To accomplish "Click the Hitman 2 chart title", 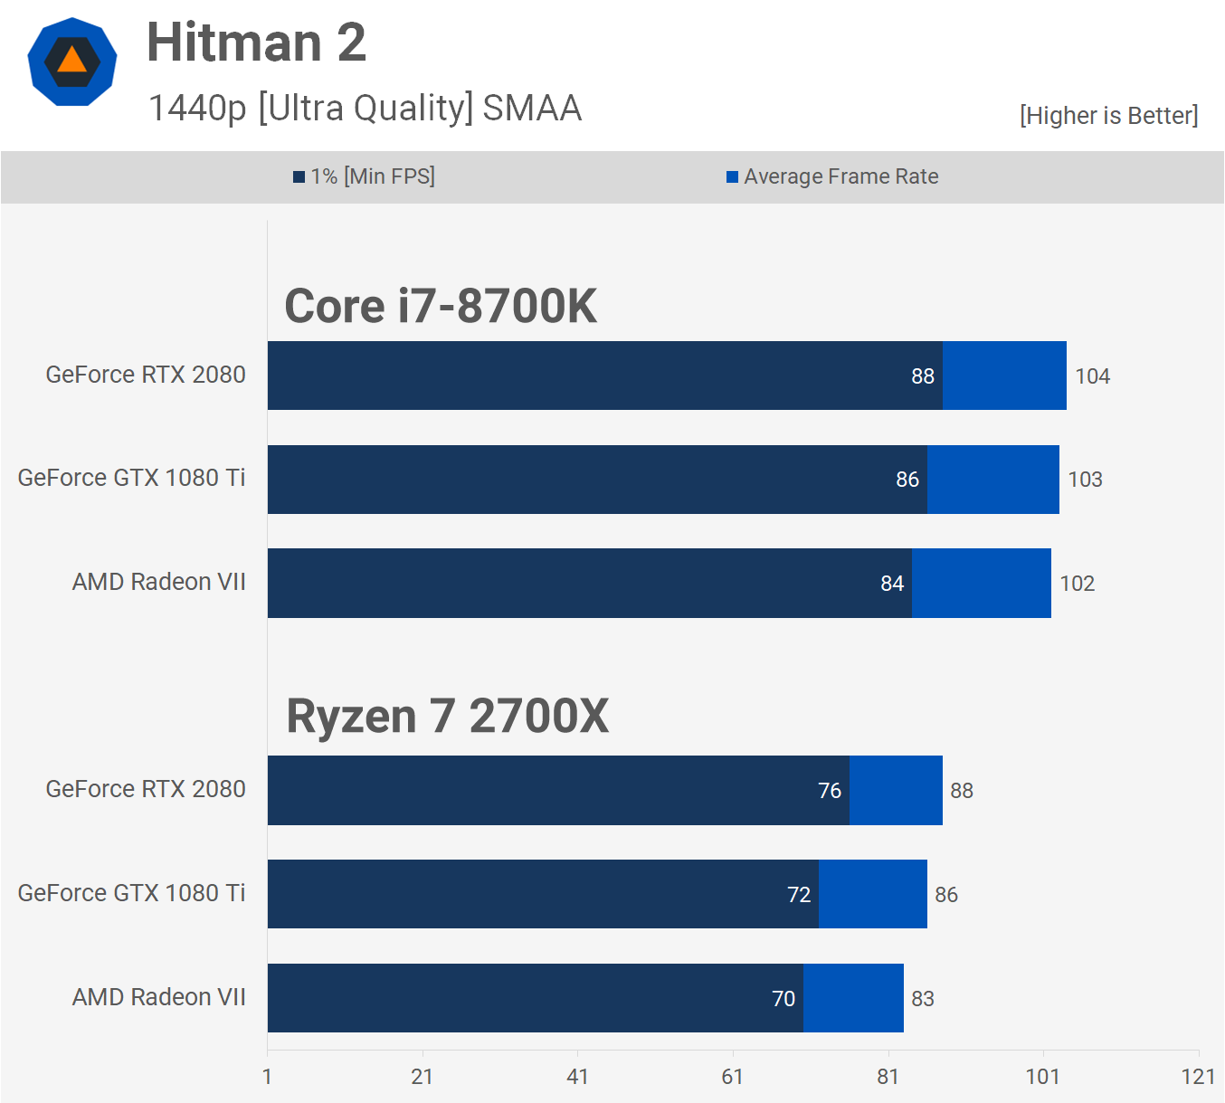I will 256,43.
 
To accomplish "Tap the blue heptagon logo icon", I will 72,62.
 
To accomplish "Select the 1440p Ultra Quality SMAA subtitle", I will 365,108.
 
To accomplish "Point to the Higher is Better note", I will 1108,116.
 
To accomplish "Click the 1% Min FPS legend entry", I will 364,176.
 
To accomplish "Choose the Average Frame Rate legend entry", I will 832,176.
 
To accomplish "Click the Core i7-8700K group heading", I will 441,306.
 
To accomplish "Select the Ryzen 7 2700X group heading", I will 447,716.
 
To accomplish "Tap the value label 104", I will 1092,376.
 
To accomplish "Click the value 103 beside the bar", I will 1085,480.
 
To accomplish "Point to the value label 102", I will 1077,584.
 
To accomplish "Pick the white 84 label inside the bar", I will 892,584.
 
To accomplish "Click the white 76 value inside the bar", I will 830,791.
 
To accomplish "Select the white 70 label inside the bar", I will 783,999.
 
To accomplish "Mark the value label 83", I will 922,999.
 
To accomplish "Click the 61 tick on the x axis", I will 732,1077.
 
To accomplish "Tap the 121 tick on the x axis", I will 1198,1077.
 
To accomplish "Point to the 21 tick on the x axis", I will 422,1077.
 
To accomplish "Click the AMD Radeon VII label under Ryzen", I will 158,997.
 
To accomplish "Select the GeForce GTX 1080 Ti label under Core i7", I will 131,478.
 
